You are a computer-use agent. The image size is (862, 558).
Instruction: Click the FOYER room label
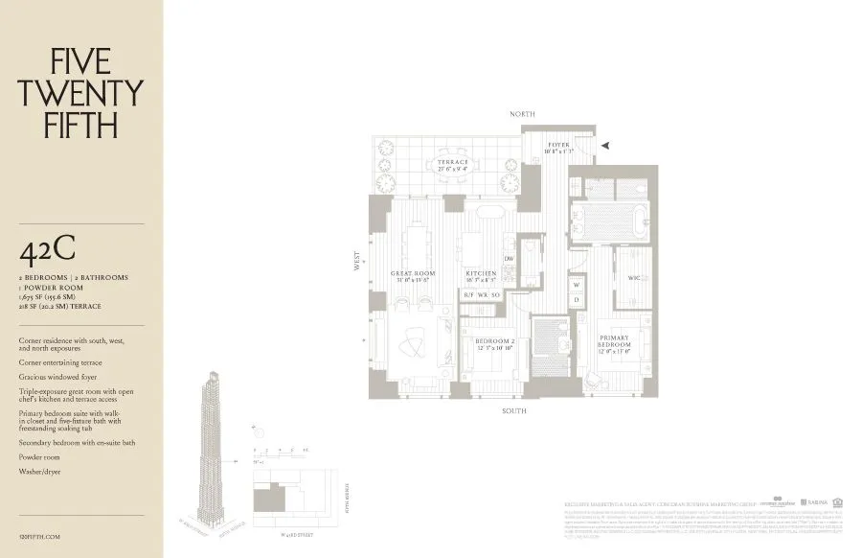point(557,146)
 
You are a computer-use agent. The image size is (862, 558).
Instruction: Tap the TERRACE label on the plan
point(453,162)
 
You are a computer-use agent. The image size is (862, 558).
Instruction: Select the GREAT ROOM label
point(413,274)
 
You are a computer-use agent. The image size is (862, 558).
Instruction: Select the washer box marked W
point(577,285)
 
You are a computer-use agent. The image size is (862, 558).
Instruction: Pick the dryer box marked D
point(577,301)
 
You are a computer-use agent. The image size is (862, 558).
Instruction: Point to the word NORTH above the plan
point(522,114)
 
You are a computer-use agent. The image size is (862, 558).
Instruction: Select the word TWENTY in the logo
point(80,93)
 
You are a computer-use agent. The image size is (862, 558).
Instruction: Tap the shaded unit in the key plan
point(266,498)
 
